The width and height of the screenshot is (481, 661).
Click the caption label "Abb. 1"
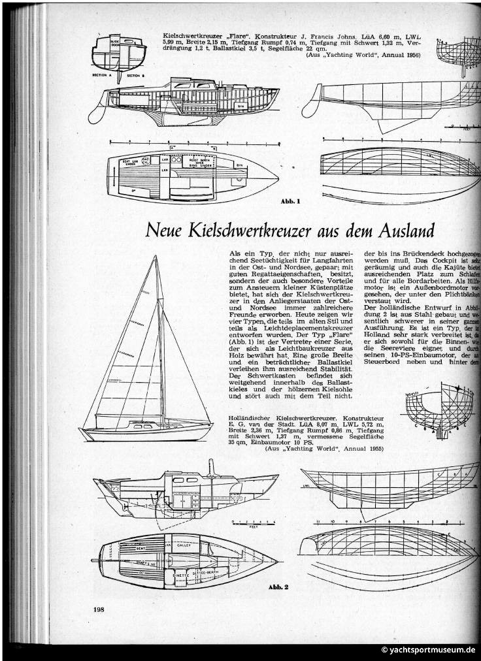click(x=290, y=201)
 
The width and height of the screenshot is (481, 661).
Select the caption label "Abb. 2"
click(x=278, y=587)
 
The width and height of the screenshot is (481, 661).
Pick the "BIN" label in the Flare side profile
click(x=241, y=104)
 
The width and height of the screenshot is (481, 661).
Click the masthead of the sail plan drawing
click(x=157, y=257)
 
